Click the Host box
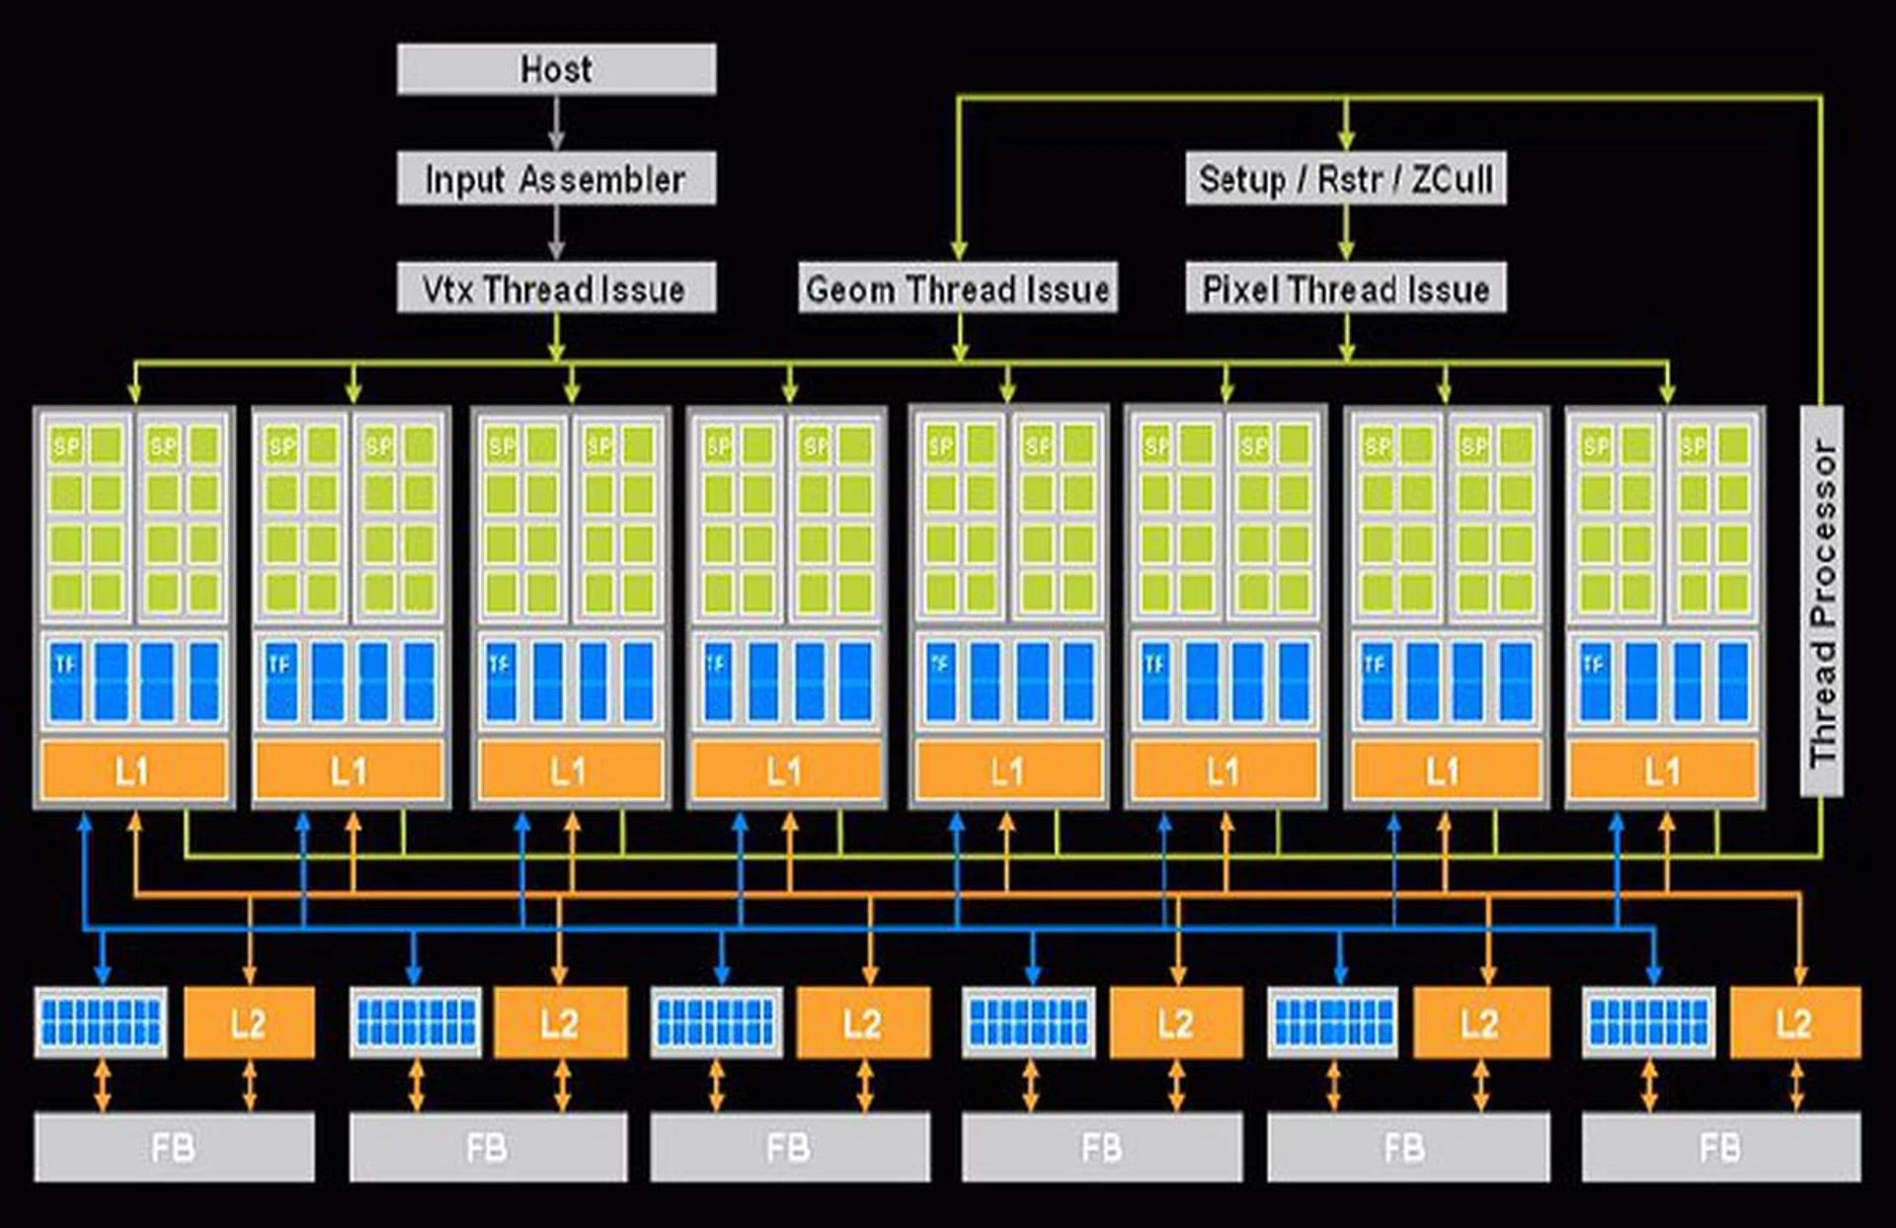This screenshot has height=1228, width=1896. (556, 69)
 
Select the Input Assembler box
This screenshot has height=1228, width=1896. (556, 179)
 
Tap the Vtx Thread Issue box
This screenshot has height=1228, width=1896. (556, 288)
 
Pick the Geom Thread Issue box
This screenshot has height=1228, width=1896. (957, 288)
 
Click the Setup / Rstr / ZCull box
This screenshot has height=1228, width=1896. (1345, 179)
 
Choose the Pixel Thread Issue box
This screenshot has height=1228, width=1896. (1345, 288)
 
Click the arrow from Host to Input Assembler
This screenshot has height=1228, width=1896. (556, 123)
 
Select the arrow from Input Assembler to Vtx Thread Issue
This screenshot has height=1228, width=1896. (556, 233)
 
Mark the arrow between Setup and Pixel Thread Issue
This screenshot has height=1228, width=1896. (1345, 233)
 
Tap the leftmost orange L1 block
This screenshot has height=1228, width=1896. (133, 771)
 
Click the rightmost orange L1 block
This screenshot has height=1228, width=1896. (1663, 771)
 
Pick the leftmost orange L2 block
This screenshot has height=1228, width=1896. (249, 1023)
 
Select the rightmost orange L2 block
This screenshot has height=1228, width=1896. (1794, 1023)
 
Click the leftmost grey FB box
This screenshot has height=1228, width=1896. (174, 1148)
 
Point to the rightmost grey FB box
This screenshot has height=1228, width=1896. (1720, 1148)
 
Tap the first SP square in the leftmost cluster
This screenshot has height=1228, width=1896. (66, 447)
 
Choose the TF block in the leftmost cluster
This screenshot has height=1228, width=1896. (66, 680)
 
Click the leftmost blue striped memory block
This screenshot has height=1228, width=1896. (101, 1022)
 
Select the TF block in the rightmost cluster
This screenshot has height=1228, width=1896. (1594, 680)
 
